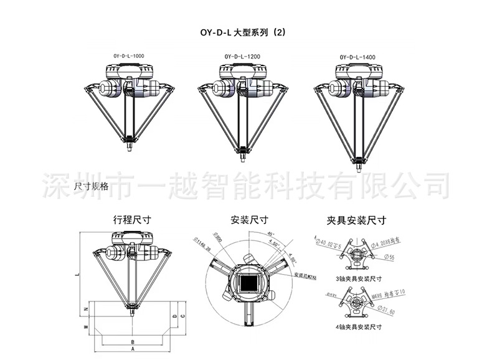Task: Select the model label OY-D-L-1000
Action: (128, 56)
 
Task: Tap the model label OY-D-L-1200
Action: (242, 57)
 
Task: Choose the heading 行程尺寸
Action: (133, 220)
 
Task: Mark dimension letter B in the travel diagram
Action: (133, 341)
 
